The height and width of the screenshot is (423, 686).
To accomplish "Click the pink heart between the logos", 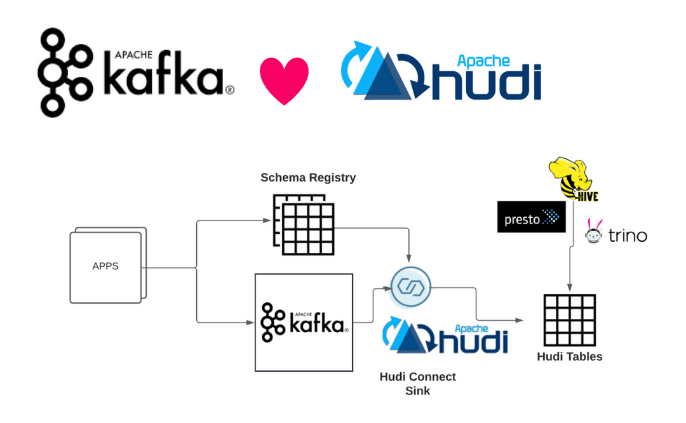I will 284,79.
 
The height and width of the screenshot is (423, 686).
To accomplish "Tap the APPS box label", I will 105,266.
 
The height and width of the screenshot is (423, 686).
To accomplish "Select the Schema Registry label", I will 308,178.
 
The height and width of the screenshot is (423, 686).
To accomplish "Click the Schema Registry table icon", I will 304,225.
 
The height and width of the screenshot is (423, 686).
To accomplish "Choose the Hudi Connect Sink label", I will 417,384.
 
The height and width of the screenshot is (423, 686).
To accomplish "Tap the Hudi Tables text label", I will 569,356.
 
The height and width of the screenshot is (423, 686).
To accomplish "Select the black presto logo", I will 531,217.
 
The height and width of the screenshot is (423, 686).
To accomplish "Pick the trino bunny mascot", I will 594,232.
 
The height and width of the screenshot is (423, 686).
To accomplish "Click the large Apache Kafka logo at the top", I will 135,72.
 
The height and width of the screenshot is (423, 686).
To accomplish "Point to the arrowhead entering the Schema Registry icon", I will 267,220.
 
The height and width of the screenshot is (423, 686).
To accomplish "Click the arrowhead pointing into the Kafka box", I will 252,323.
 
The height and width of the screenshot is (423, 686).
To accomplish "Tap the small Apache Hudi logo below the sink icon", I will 445,337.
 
